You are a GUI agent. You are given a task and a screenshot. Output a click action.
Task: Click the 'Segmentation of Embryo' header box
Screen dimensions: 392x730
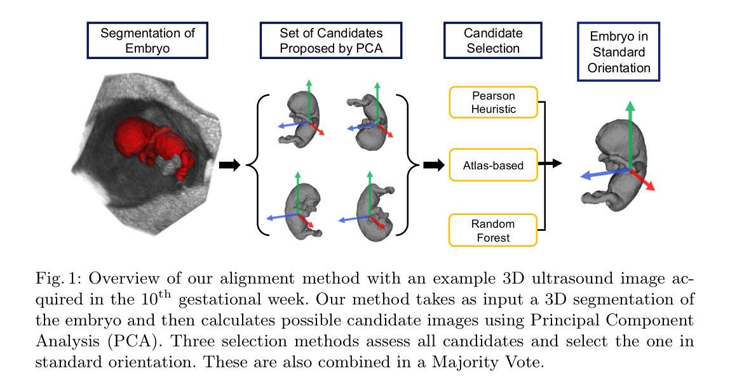pyautogui.click(x=147, y=41)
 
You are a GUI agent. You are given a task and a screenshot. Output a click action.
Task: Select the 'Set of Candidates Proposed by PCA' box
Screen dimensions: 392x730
pyautogui.click(x=330, y=41)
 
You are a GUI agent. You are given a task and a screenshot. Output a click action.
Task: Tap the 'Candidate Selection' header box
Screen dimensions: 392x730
pyautogui.click(x=492, y=41)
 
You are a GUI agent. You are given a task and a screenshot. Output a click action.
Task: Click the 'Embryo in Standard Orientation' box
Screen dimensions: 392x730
pyautogui.click(x=618, y=52)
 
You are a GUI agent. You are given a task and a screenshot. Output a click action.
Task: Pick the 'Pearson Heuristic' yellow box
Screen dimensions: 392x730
pyautogui.click(x=493, y=102)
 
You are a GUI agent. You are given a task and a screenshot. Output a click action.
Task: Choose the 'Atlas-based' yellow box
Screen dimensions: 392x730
pyautogui.click(x=493, y=166)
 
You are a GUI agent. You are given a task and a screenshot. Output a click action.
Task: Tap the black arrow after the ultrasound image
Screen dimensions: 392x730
pyautogui.click(x=229, y=166)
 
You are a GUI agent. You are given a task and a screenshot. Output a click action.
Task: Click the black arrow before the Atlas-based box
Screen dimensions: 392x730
pyautogui.click(x=434, y=166)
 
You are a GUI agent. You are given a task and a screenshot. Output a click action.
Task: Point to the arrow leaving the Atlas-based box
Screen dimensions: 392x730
pyautogui.click(x=551, y=164)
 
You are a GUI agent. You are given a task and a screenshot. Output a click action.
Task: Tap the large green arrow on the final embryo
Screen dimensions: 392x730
pyautogui.click(x=630, y=133)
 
